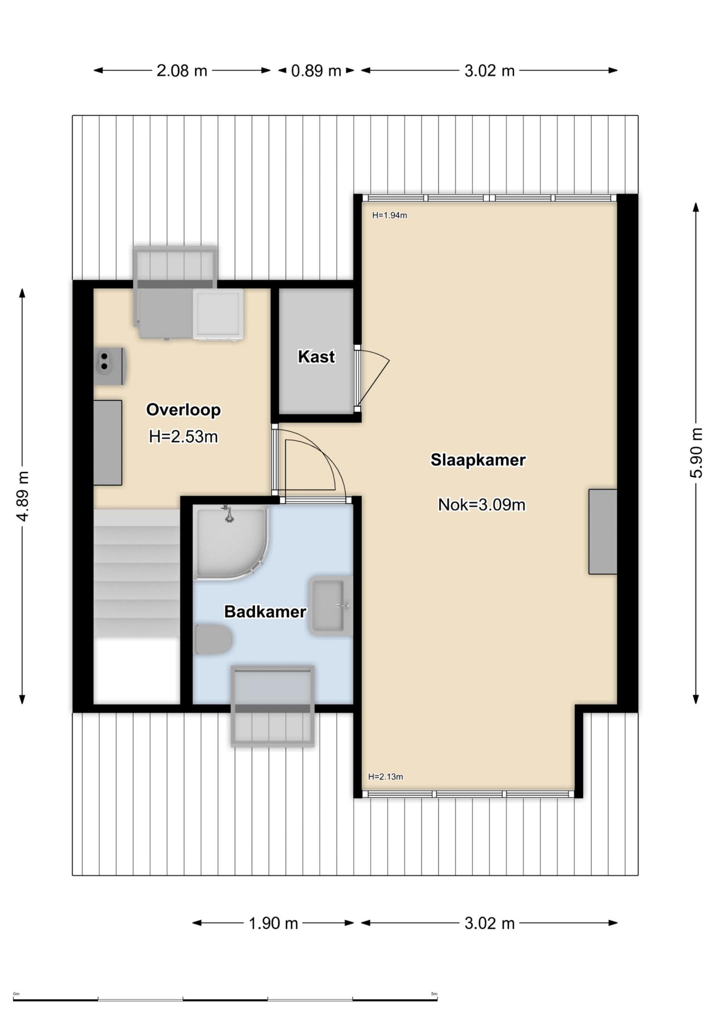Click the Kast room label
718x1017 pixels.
click(x=316, y=357)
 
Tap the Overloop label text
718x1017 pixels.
click(x=183, y=410)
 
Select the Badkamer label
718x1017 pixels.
click(x=265, y=612)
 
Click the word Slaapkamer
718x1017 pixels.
click(x=478, y=460)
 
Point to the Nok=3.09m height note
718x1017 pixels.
click(x=482, y=505)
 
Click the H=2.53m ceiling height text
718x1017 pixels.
click(x=183, y=437)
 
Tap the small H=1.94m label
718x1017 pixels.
click(x=390, y=216)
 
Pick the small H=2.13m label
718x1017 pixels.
click(x=386, y=789)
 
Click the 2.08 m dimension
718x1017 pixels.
click(x=182, y=71)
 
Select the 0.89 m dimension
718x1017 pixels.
click(x=316, y=71)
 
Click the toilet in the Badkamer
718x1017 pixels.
click(x=214, y=639)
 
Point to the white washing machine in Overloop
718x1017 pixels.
click(x=218, y=315)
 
